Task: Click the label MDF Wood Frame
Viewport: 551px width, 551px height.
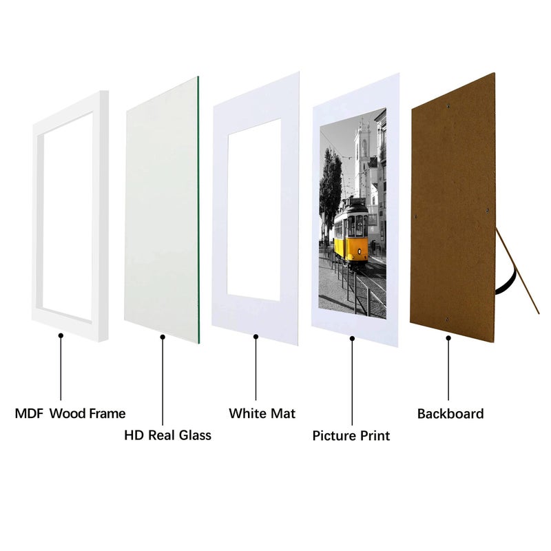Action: (70, 414)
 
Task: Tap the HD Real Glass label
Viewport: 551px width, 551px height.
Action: (167, 435)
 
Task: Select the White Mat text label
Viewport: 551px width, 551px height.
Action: (262, 414)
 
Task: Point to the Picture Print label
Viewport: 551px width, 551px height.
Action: (351, 436)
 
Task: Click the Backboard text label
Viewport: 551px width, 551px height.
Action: (450, 414)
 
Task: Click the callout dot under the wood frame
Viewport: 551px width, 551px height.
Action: (61, 335)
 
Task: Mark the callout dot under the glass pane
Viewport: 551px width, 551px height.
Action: (163, 337)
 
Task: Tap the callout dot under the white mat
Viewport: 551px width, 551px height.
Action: (256, 337)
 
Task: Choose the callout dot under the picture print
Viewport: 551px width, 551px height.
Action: (352, 337)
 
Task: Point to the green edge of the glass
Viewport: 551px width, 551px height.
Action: (198, 207)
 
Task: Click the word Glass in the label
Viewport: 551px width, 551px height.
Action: (192, 435)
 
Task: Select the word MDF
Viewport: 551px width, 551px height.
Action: (29, 414)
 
